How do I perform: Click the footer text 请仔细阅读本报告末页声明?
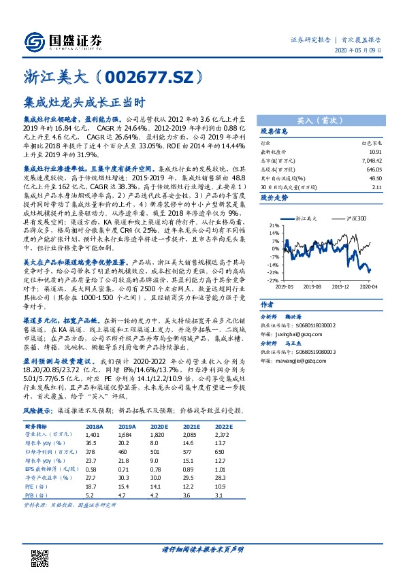point(202,549)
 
